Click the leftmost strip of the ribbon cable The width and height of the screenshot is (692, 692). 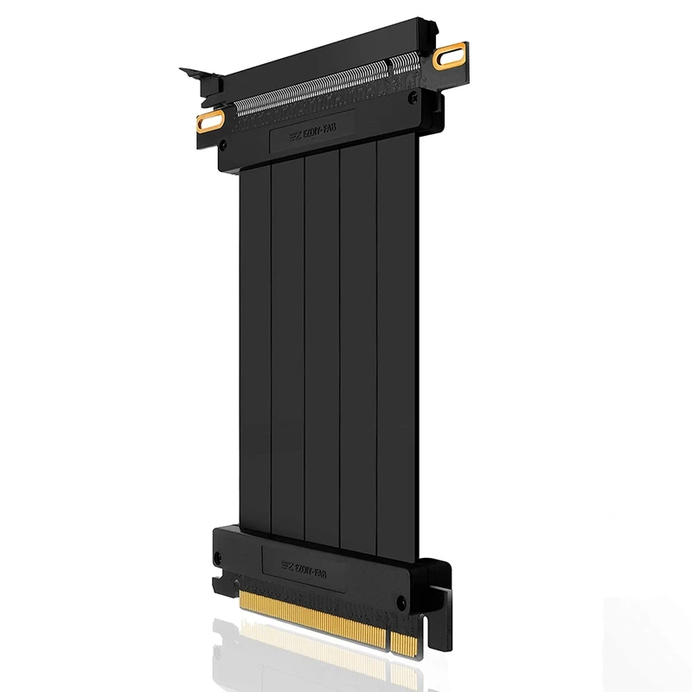255,346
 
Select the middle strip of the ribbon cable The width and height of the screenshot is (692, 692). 322,346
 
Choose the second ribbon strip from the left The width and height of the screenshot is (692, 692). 288,346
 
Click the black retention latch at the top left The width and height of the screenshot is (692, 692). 201,78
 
